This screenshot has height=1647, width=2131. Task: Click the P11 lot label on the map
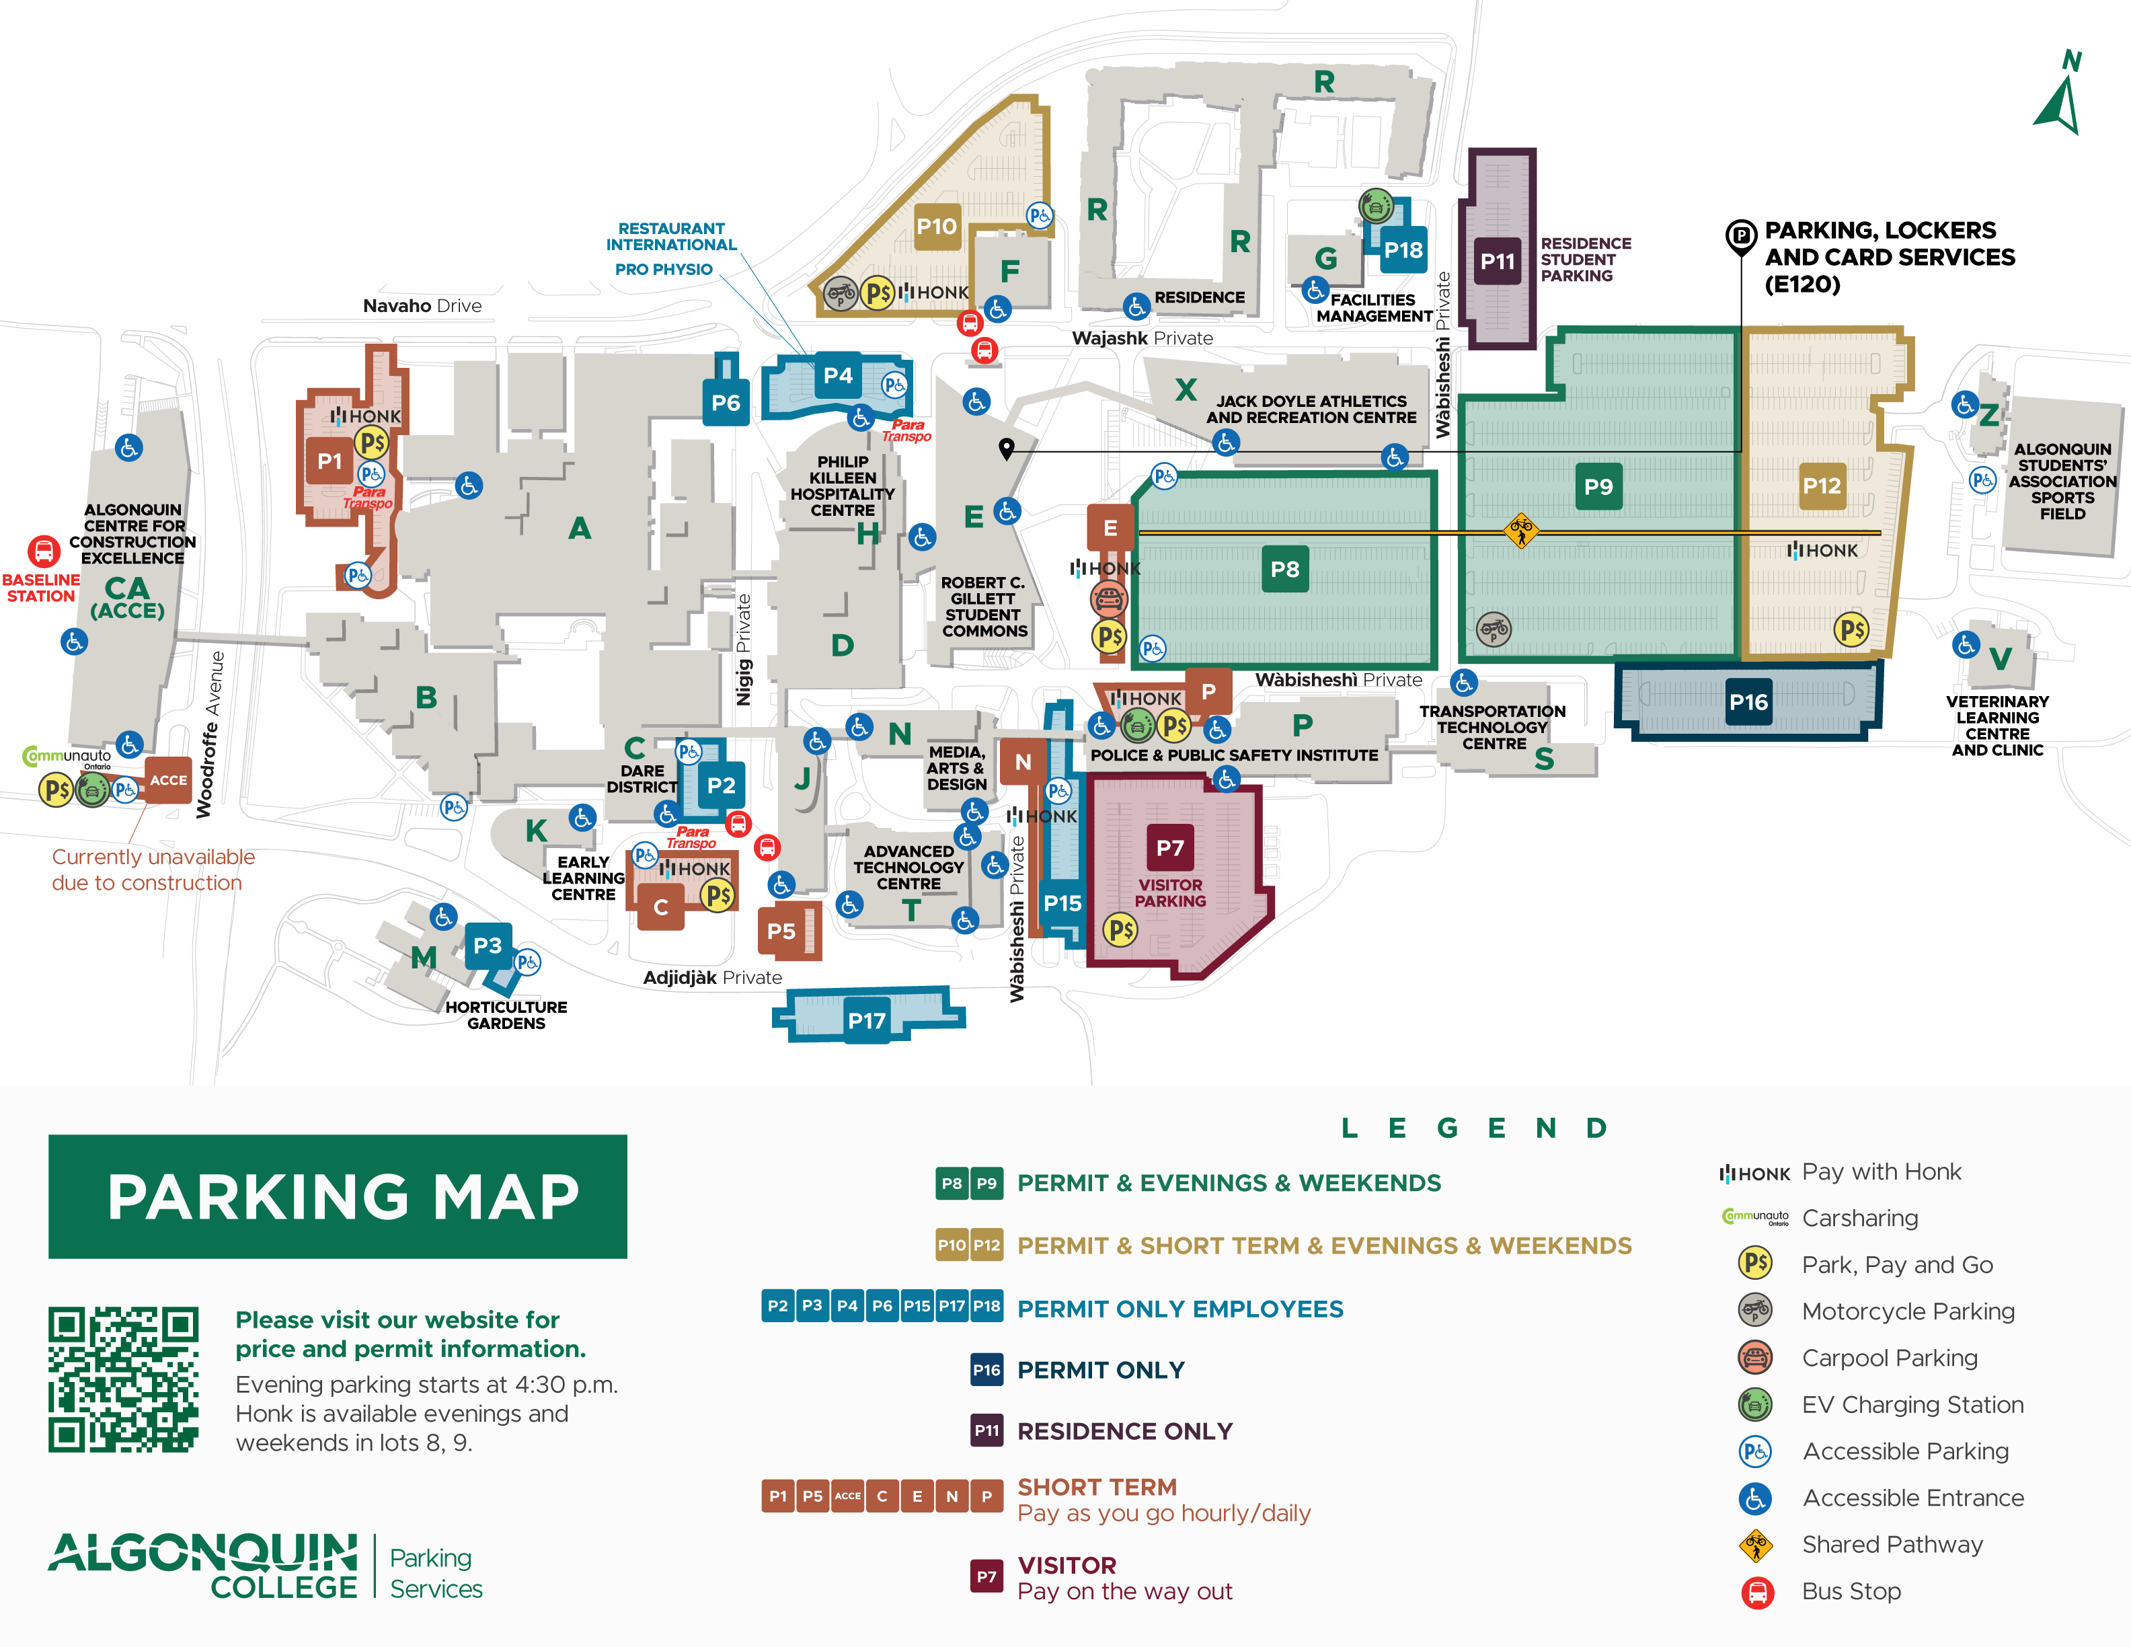[1497, 262]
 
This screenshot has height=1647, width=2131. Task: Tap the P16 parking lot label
[1748, 701]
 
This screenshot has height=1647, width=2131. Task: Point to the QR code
[124, 1379]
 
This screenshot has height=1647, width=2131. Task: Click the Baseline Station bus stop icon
[43, 551]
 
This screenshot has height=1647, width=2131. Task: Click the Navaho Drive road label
[422, 305]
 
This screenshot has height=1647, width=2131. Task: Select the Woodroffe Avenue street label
[210, 734]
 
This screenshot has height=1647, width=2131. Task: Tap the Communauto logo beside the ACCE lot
[67, 756]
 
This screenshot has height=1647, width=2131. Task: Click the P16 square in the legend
[986, 1370]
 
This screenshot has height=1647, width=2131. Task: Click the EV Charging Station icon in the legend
[1754, 1405]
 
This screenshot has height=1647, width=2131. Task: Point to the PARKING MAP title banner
[338, 1196]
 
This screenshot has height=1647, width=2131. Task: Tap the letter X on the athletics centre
[1186, 389]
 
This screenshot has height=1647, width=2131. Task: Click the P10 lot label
[936, 227]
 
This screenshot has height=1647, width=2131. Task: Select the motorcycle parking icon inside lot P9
[1493, 629]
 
